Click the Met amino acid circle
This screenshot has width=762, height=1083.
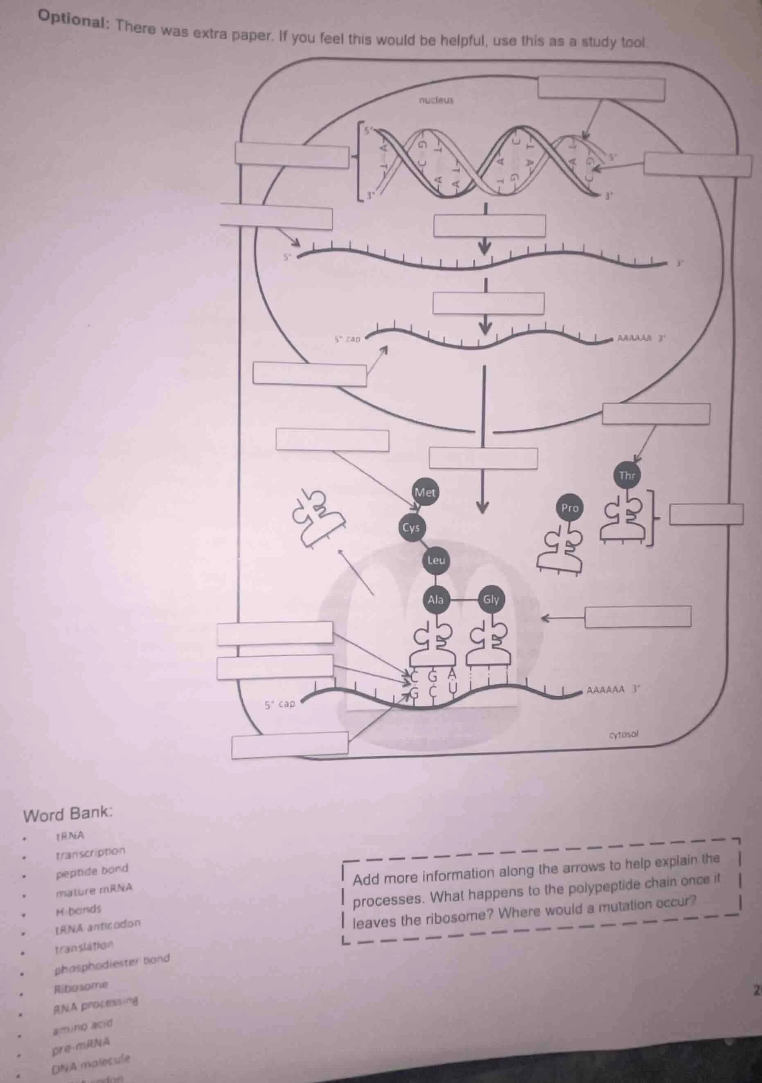tap(425, 493)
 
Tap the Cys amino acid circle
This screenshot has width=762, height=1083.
tap(411, 527)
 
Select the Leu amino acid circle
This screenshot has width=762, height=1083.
tap(436, 561)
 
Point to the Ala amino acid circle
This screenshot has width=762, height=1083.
tap(436, 599)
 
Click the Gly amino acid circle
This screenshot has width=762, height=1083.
tap(491, 599)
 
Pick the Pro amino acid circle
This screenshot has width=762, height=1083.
tap(570, 508)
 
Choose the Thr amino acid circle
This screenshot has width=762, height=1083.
tap(627, 475)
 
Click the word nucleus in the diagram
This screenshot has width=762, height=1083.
tap(436, 100)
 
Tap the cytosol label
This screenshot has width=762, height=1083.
tap(623, 735)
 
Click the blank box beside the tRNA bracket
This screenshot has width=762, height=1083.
tap(706, 514)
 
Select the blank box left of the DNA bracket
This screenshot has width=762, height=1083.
tap(292, 156)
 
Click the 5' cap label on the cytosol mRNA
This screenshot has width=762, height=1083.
tap(280, 704)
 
